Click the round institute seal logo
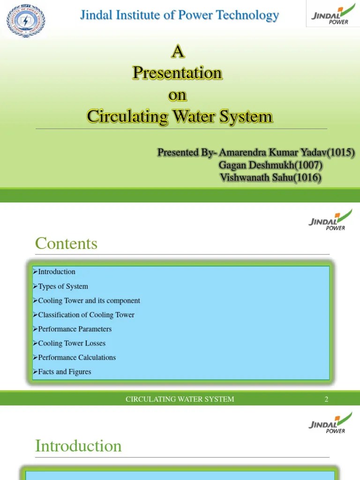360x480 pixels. click(26, 20)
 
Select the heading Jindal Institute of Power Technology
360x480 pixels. click(180, 15)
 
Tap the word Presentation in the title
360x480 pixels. click(177, 73)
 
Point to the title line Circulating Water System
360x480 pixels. click(180, 116)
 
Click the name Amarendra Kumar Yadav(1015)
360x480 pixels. click(286, 152)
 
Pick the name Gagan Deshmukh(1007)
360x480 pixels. click(270, 165)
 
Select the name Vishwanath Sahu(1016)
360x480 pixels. click(270, 178)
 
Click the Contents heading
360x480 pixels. click(66, 243)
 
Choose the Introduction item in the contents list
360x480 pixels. click(56, 272)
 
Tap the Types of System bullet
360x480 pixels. click(63, 286)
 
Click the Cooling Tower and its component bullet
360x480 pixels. click(89, 300)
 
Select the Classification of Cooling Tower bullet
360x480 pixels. click(86, 315)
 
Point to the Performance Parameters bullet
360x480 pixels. click(75, 329)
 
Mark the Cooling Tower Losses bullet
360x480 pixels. click(71, 343)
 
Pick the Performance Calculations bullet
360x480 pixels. click(76, 358)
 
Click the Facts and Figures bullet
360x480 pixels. click(64, 372)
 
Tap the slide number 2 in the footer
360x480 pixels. click(326, 399)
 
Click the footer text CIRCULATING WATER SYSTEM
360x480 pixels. click(180, 399)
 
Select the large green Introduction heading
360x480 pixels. click(78, 446)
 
